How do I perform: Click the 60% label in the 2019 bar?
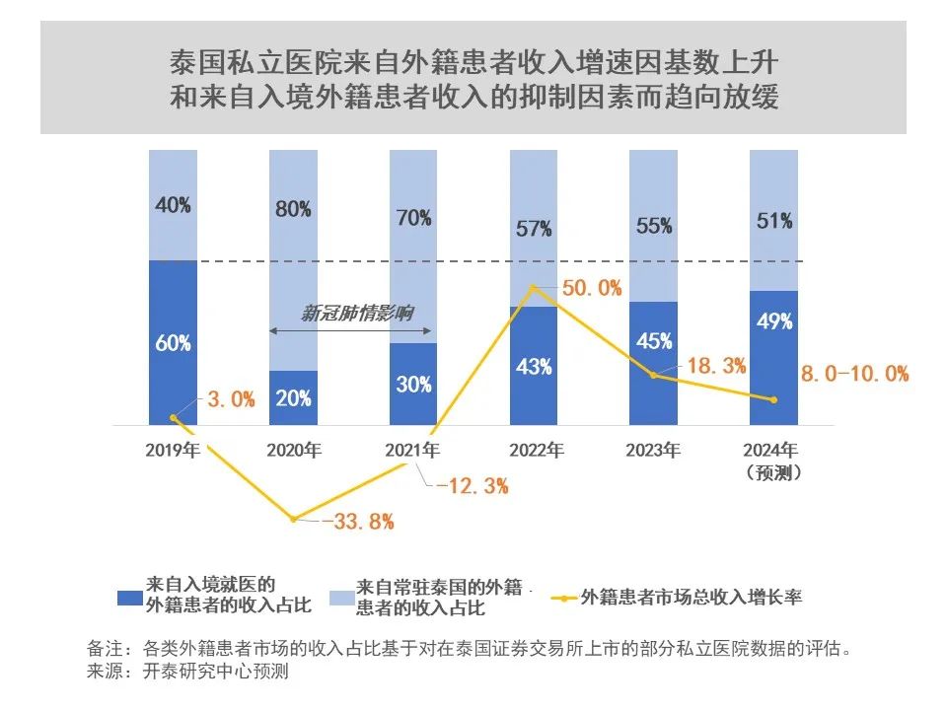pos(173,343)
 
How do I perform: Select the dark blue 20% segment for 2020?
pos(293,398)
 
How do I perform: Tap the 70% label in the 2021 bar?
pos(413,217)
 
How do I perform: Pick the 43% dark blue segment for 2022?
pos(534,366)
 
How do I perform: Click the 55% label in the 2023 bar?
pos(653,225)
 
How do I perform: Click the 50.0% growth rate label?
pos(592,288)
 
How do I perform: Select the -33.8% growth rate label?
pos(357,522)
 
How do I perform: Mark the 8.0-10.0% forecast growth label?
pos(854,374)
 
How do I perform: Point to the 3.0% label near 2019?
pos(231,399)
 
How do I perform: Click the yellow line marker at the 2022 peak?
pos(534,288)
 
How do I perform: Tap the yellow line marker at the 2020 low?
pos(293,519)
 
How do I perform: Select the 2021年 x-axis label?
pos(413,451)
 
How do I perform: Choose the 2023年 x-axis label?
pos(653,451)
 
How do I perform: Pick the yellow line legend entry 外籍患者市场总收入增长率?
pos(691,597)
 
